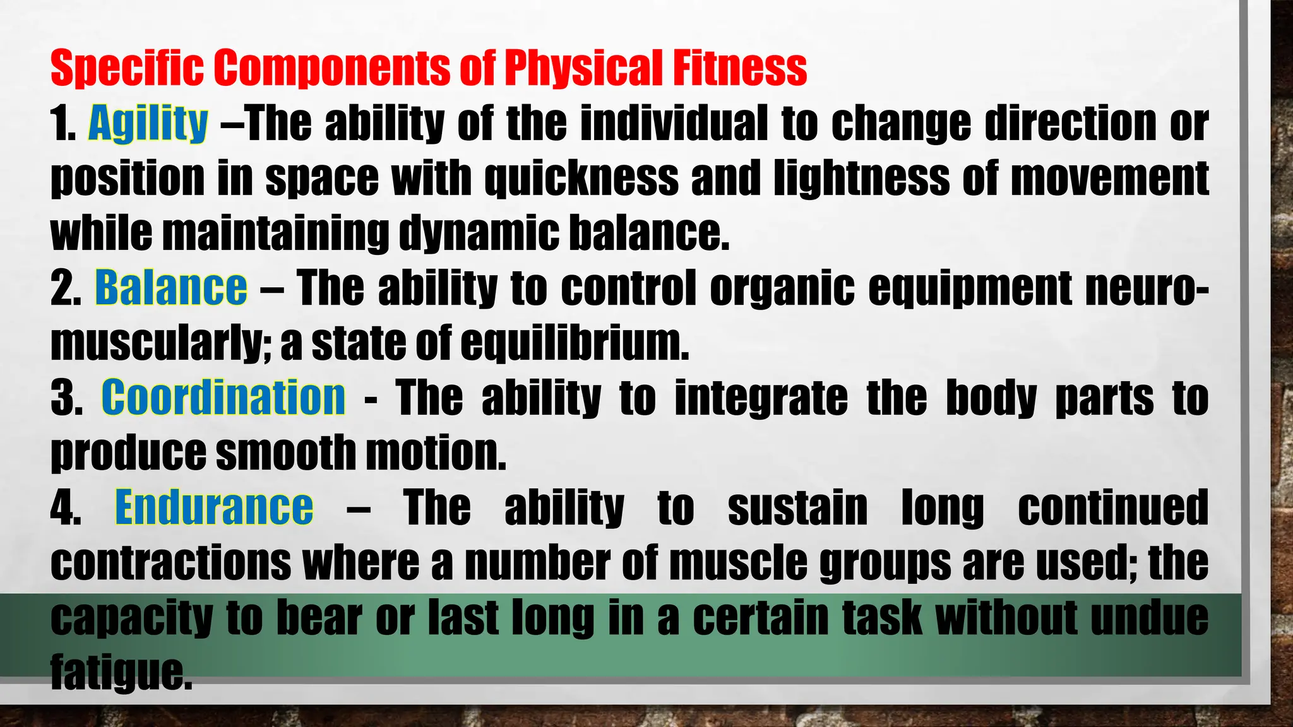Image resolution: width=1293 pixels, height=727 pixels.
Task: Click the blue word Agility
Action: click(148, 124)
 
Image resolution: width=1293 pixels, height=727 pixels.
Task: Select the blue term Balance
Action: click(170, 288)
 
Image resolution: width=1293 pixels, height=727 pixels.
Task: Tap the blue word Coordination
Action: click(223, 398)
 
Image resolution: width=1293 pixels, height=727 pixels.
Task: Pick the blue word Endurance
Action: click(214, 507)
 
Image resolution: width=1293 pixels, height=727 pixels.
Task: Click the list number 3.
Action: click(66, 398)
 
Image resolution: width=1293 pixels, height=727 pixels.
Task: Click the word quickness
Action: click(581, 179)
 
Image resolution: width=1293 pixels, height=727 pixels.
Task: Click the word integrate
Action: click(761, 398)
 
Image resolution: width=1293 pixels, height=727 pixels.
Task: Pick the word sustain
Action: click(797, 507)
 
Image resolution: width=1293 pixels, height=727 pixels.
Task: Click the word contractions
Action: click(170, 562)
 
